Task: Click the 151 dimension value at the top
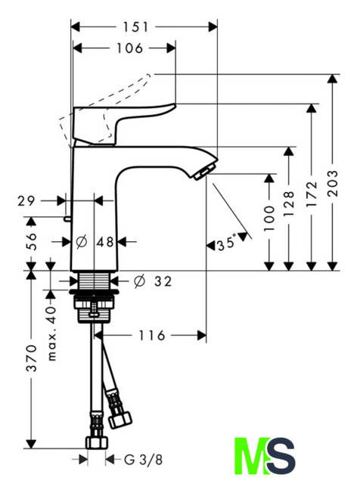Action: point(136,27)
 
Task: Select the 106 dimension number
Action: point(129,48)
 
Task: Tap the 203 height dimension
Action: point(333,183)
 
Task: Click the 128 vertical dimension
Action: point(289,203)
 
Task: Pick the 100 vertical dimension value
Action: point(269,219)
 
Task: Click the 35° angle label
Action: point(227,243)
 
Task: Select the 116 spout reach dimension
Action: point(151,335)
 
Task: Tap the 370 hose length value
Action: point(31,358)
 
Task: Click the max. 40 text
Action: point(52,334)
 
